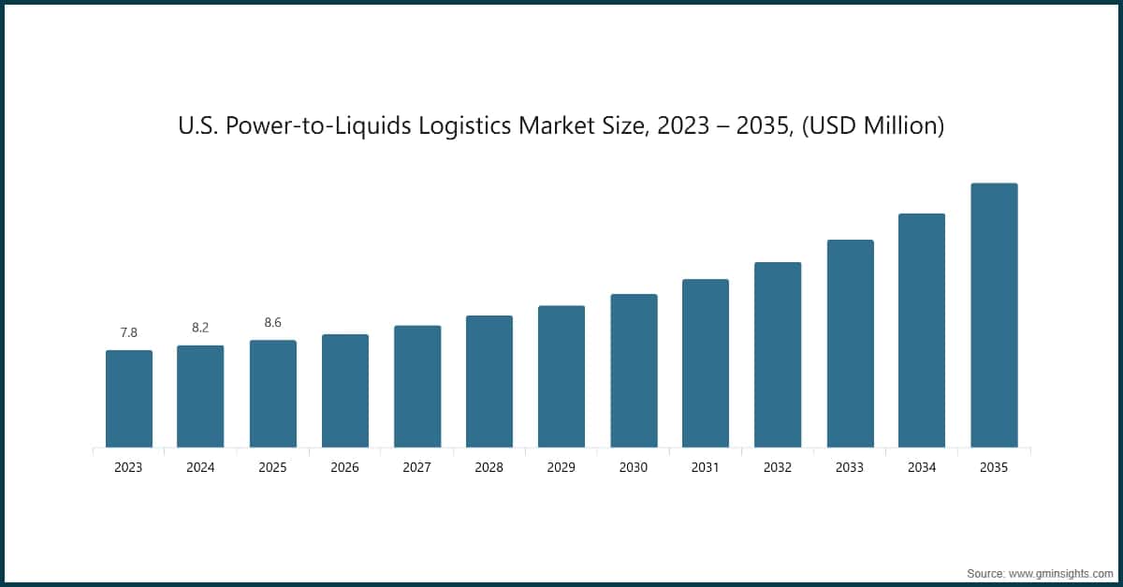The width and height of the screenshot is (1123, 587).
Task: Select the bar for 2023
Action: (128, 399)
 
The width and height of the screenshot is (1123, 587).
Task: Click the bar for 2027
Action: (417, 387)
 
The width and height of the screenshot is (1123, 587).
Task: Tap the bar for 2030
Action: (634, 371)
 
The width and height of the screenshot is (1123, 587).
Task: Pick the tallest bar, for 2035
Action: (994, 316)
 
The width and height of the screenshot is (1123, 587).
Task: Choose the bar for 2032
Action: (778, 355)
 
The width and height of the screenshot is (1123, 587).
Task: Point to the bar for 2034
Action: (922, 330)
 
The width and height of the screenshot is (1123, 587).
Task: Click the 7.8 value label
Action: (128, 332)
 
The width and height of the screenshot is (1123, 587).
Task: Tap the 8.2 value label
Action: (200, 328)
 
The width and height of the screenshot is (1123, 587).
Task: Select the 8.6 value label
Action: (272, 322)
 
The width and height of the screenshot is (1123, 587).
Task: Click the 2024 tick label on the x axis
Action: (200, 467)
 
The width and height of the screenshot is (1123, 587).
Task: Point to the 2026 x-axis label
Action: (344, 467)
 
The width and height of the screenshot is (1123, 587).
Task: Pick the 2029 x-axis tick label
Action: (561, 467)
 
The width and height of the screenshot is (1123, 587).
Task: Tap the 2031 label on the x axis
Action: (706, 467)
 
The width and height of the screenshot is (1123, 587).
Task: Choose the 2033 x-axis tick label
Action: (850, 467)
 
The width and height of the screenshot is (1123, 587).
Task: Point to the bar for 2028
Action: (489, 381)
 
